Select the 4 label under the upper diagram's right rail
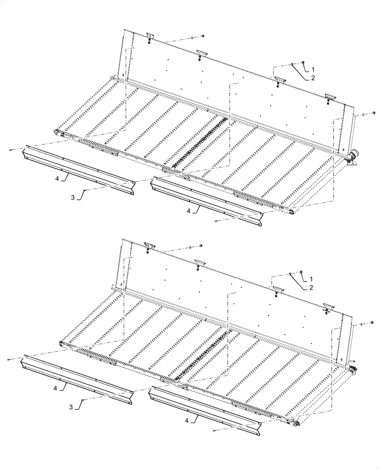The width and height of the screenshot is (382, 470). [189, 211]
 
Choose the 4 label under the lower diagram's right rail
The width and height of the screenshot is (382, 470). [188, 421]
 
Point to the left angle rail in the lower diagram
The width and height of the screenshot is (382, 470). [75, 378]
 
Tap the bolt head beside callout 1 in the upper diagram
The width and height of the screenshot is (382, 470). [303, 62]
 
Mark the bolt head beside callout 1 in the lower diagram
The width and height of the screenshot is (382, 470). [301, 272]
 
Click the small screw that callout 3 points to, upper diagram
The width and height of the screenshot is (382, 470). [84, 190]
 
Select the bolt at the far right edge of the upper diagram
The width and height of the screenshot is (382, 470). [374, 112]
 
